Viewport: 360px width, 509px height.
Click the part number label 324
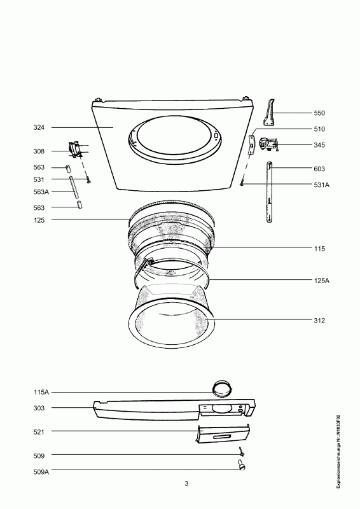pos(39,128)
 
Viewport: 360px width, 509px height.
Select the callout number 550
pos(319,113)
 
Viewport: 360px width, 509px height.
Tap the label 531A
pos(321,185)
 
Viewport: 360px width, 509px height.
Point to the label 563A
pos(41,192)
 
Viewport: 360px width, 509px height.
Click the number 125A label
pos(321,281)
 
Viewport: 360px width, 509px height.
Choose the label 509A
pos(41,472)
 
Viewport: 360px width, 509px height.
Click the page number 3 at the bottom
pos(186,484)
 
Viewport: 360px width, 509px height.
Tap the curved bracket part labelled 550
pos(270,113)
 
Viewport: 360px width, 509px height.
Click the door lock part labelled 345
pos(268,145)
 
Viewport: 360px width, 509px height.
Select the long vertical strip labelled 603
pos(269,192)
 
